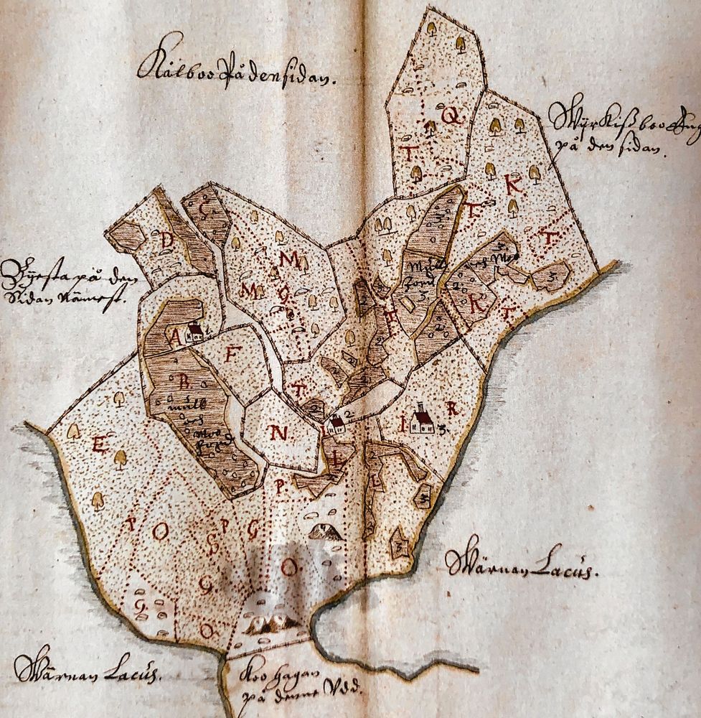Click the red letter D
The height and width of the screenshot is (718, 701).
click(x=167, y=241)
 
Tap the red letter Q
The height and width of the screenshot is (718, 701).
click(x=451, y=116)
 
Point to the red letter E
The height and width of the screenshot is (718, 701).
click(x=99, y=444)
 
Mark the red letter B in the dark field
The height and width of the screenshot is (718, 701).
click(x=184, y=383)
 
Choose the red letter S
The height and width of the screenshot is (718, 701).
click(x=213, y=546)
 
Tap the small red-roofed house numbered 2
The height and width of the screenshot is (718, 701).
click(x=335, y=424)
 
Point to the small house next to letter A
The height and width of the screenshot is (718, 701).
click(x=194, y=332)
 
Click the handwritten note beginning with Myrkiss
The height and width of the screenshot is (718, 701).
click(x=613, y=129)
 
